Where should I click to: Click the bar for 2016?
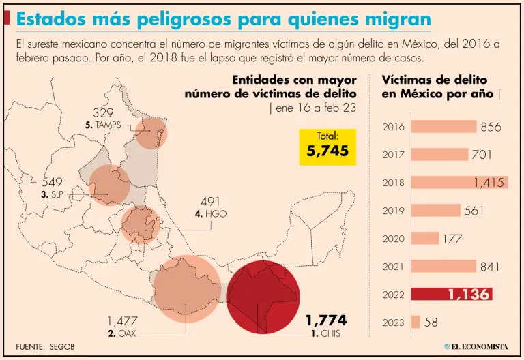(x=443, y=127)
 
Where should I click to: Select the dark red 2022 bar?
(x=450, y=295)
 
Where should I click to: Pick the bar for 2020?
(x=425, y=239)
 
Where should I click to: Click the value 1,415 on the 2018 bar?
(x=489, y=183)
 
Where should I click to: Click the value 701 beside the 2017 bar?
(x=482, y=155)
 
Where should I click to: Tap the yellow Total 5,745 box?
(x=328, y=146)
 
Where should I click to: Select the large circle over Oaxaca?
(x=187, y=289)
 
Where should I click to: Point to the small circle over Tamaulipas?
(x=151, y=132)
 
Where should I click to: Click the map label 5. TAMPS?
(x=103, y=125)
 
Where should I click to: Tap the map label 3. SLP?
(x=52, y=195)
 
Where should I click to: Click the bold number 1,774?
(x=325, y=320)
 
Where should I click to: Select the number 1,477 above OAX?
(x=123, y=321)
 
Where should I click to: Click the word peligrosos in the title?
(x=185, y=19)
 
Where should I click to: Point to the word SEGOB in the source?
(x=61, y=346)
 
